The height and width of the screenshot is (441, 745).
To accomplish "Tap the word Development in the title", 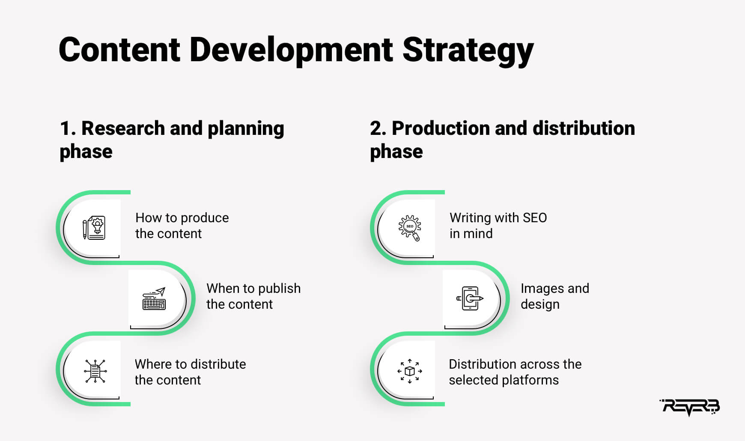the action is click(291, 51).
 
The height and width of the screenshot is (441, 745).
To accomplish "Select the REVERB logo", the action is click(690, 407).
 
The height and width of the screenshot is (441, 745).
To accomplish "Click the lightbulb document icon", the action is click(94, 227).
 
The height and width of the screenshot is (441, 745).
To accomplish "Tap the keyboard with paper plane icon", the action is click(154, 298).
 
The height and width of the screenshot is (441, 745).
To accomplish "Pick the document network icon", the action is click(95, 371).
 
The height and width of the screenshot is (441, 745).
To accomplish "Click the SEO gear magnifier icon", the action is click(410, 228).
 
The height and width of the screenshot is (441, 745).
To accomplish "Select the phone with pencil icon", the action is click(470, 298).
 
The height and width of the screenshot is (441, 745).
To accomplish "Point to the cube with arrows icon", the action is click(410, 371).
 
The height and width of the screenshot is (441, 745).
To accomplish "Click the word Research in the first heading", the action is click(123, 128).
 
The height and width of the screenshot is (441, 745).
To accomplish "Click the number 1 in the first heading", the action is click(65, 128).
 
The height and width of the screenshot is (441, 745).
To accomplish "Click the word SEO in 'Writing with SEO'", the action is click(534, 218).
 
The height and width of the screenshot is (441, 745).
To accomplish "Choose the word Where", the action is click(152, 364).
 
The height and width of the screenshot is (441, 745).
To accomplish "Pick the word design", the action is click(540, 304).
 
